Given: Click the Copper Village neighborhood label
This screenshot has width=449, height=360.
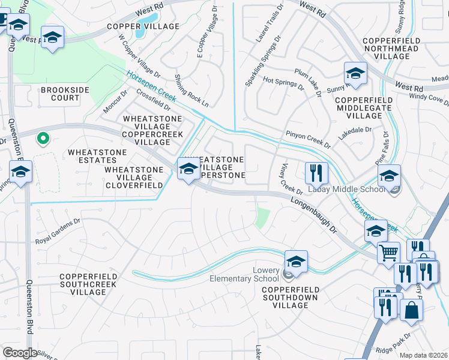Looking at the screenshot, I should (143, 26).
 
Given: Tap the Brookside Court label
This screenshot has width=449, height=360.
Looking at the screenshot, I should (60, 94).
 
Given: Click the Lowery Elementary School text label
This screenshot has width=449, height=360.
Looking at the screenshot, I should (244, 275).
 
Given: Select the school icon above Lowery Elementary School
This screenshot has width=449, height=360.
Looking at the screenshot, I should (296, 262).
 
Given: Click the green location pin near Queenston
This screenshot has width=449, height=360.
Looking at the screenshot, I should (43, 139).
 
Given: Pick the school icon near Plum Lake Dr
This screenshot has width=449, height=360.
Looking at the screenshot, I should (355, 74).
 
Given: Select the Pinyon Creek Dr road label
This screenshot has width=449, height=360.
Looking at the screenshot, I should (308, 139).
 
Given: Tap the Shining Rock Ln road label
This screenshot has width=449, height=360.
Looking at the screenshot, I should (191, 91).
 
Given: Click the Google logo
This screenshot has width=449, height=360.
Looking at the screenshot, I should (20, 353).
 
